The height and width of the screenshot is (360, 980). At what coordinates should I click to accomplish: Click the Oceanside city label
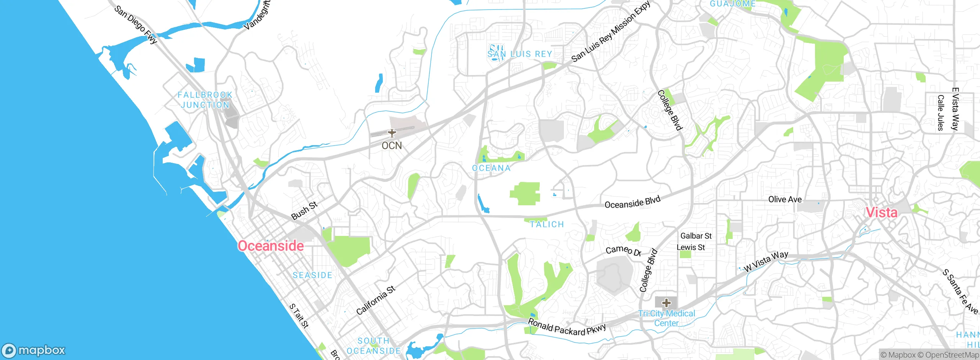point(271,246)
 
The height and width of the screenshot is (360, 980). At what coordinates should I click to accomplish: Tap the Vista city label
point(881,213)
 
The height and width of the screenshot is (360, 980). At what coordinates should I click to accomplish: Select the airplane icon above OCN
point(392,133)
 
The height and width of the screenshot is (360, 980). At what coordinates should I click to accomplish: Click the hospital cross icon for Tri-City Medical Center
point(666,303)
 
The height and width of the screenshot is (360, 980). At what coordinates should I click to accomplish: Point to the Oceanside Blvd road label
point(632,202)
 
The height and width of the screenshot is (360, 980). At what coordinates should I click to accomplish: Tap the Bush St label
point(304,211)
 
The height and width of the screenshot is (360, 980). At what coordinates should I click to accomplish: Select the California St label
point(376,301)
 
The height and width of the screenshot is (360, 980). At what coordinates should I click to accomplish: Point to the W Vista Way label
point(766,261)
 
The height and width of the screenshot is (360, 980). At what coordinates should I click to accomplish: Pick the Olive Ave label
point(785,200)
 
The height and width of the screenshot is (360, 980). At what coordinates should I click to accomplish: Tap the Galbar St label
point(696,236)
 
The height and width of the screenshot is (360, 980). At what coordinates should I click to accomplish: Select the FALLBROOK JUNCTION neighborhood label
point(205,100)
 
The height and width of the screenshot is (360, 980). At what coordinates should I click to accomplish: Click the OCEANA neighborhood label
point(491,168)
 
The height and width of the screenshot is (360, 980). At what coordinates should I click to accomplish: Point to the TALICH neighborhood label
point(547,224)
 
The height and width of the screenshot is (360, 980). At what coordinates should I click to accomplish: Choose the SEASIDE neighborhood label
point(312,275)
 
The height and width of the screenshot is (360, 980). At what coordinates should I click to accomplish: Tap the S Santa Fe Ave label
point(960,292)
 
